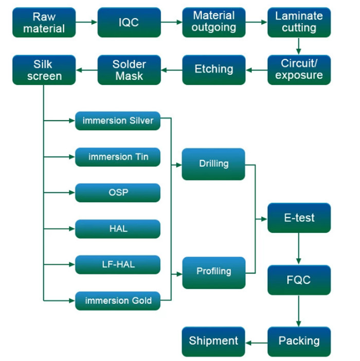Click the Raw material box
(x=44, y=22)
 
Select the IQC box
(x=129, y=22)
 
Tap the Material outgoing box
(x=214, y=22)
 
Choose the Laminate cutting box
(x=299, y=22)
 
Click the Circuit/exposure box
(x=299, y=70)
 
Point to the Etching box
(x=214, y=70)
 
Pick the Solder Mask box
(x=129, y=70)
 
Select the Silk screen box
(x=44, y=70)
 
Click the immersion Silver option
(x=118, y=121)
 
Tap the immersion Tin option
(x=118, y=157)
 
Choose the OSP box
(x=118, y=193)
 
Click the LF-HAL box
(x=118, y=264)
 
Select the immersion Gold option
(x=118, y=301)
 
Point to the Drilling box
(x=213, y=164)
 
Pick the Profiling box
(x=214, y=273)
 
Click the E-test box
(x=299, y=218)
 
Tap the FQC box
(x=299, y=280)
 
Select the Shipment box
(x=213, y=341)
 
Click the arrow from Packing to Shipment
(x=257, y=343)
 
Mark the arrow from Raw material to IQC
(x=86, y=22)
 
